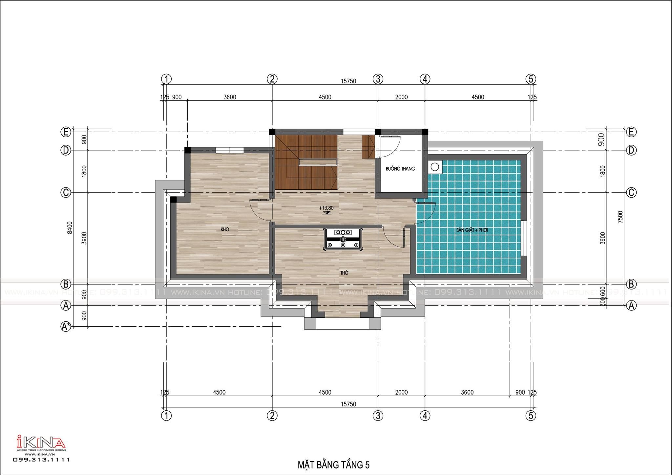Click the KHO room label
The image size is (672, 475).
tap(225, 229)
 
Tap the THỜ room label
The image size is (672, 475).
tap(344, 273)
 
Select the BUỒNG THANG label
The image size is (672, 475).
tap(400, 168)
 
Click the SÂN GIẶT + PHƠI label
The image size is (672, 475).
tap(472, 230)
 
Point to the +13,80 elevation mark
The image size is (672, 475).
tap(326, 208)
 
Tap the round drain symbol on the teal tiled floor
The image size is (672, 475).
tap(435, 167)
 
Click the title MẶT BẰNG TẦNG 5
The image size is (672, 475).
tap(333, 465)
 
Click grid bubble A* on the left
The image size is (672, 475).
tap(66, 326)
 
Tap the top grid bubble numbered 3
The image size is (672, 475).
tap(378, 79)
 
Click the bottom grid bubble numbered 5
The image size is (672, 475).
tap(531, 416)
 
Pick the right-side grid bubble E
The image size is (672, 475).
tap(631, 132)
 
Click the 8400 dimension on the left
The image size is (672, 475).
tap(70, 227)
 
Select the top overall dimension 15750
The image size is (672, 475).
tap(348, 81)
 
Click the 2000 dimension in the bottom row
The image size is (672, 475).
tap(401, 392)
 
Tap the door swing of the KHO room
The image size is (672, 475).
tap(259, 210)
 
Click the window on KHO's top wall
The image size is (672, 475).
tap(230, 150)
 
